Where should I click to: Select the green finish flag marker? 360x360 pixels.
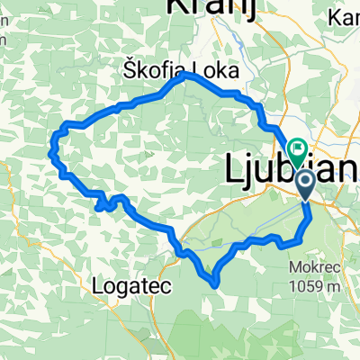pos(296,148)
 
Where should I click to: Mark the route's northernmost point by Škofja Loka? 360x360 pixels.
pos(186,76)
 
